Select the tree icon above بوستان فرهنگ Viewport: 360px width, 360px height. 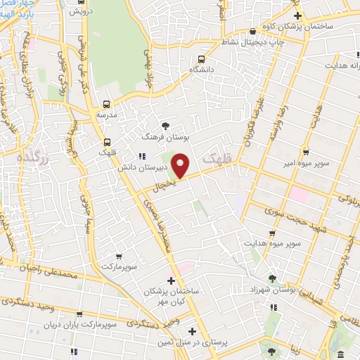click(x=166, y=125)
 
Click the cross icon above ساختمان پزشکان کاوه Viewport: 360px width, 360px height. click(x=297, y=15)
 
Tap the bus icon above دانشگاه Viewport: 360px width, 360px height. click(x=202, y=59)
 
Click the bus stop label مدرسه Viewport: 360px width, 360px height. click(x=106, y=114)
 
